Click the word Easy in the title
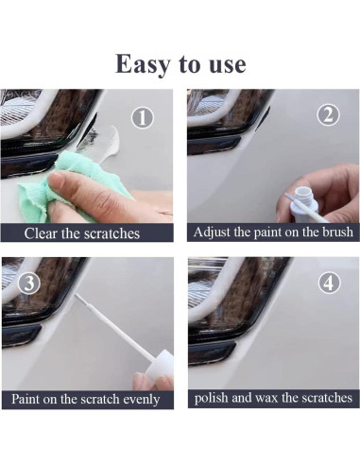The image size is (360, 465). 145,63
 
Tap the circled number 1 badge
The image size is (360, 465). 143,117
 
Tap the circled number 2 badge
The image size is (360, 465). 328,116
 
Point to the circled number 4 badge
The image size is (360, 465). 328,284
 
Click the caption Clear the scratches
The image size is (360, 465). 82,232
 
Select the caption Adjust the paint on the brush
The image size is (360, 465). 272,232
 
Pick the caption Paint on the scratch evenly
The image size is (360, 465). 86,399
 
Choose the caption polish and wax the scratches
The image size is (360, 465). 272,398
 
